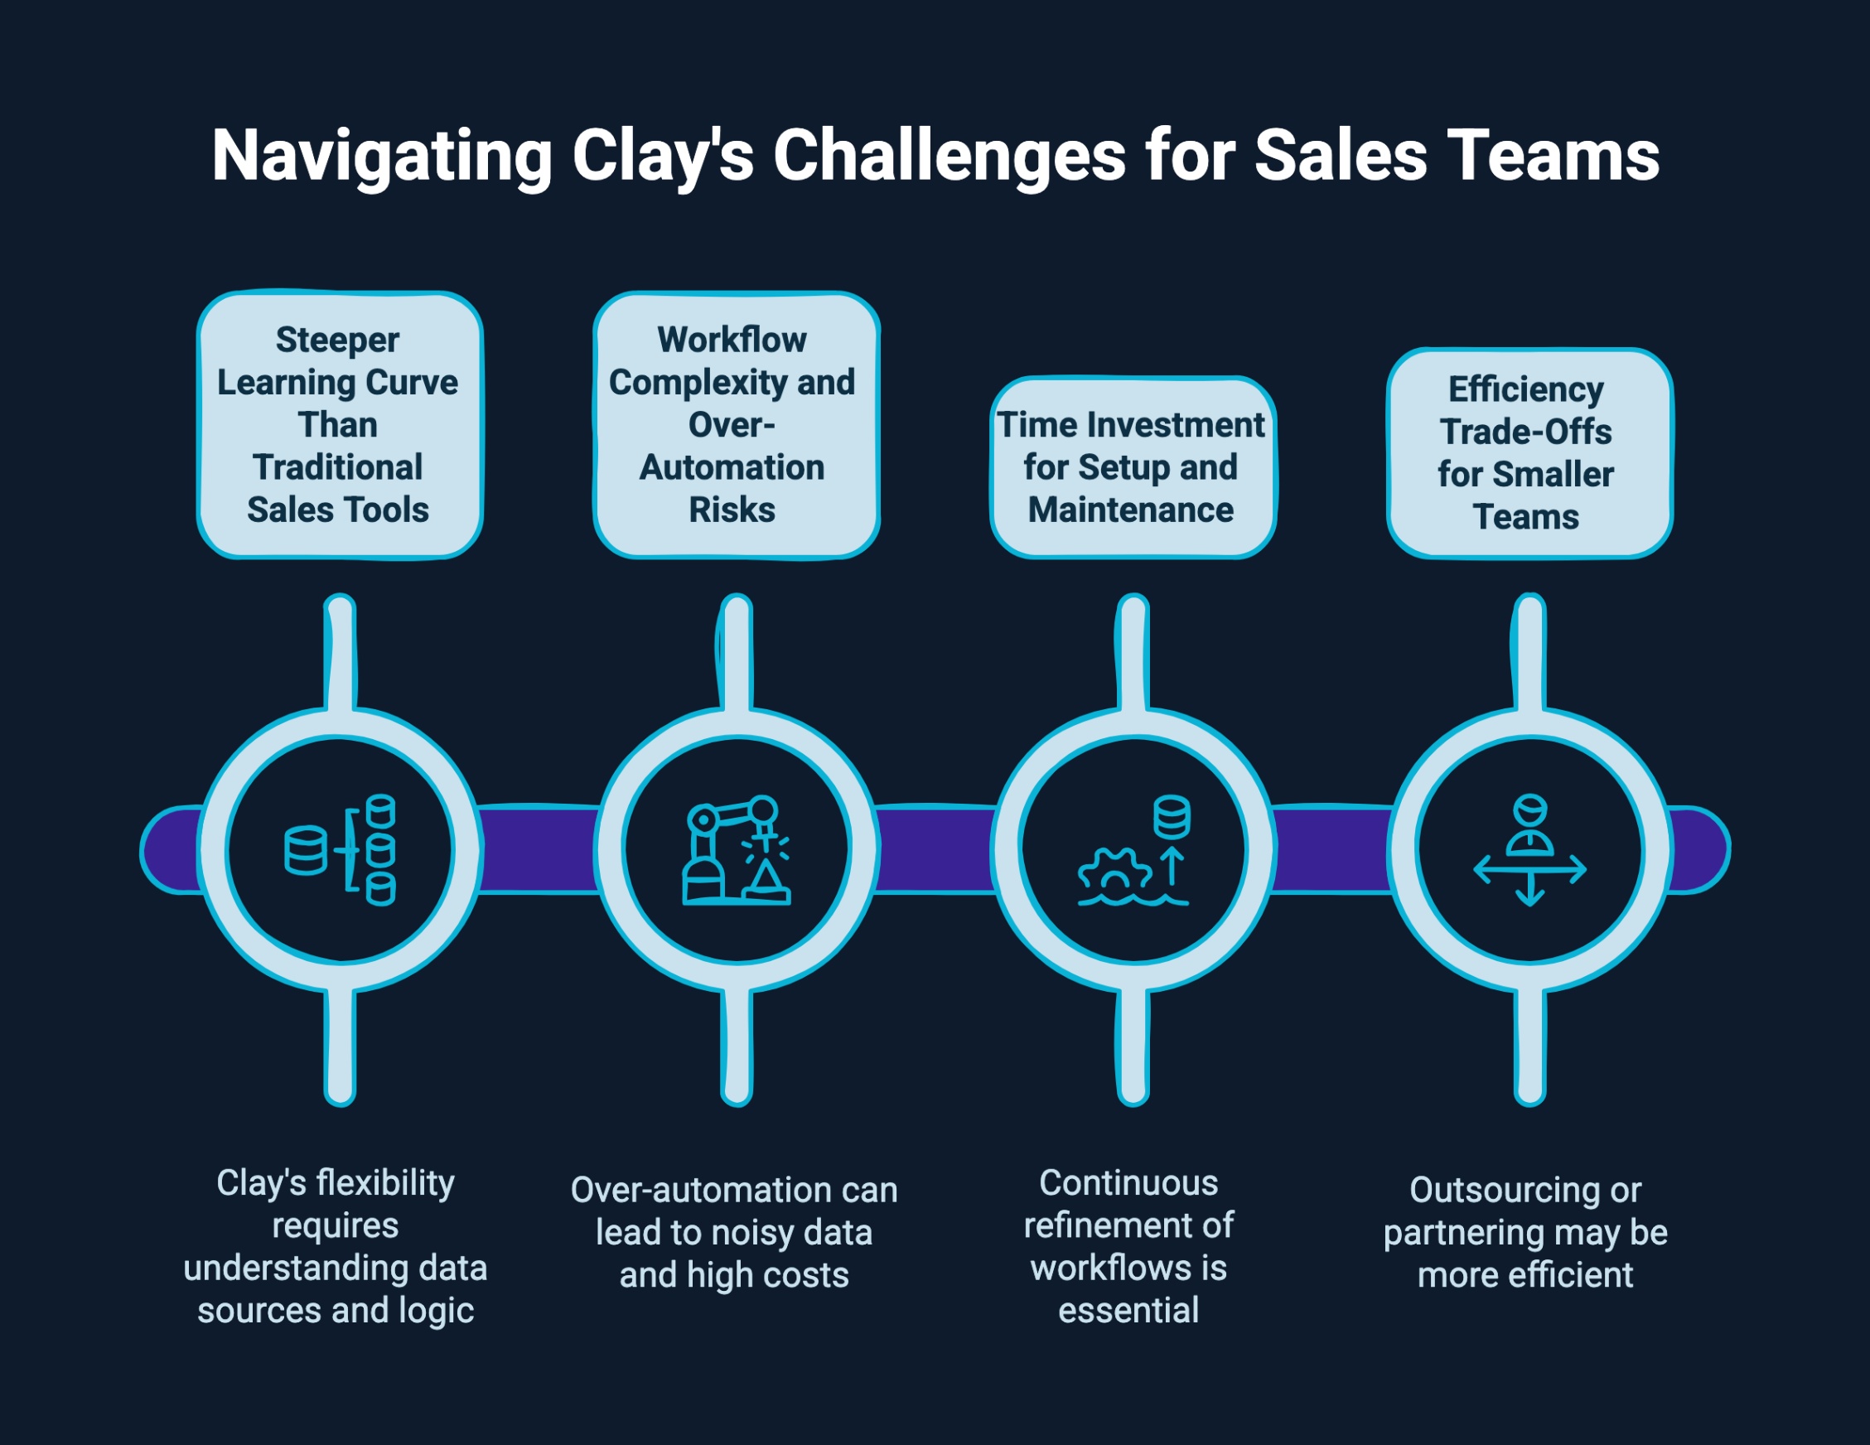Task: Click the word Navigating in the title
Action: pos(382,156)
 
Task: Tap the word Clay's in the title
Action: pos(662,156)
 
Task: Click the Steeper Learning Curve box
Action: pos(340,424)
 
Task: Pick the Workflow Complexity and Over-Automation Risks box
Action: pos(736,424)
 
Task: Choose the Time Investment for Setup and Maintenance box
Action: pos(1132,467)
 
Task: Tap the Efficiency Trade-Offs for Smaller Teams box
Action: pos(1529,453)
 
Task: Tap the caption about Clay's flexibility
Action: pos(336,1245)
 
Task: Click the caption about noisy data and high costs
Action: pos(734,1232)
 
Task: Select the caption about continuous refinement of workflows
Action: pos(1128,1245)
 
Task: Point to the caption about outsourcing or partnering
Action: pos(1525,1232)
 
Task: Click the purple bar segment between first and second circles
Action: pos(538,850)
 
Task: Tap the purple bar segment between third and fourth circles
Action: pos(1331,850)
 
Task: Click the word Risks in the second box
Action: pos(732,510)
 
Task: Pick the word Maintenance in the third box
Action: pos(1130,510)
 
